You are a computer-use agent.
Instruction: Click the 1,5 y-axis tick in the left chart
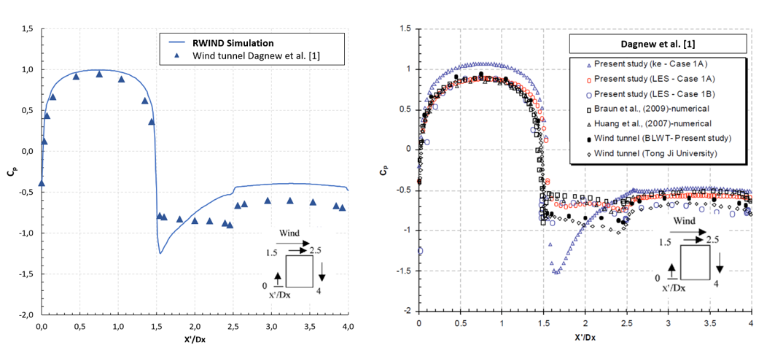(27, 29)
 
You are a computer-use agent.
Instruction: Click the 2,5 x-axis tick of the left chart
(233, 327)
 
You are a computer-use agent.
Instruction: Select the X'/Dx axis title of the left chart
(195, 339)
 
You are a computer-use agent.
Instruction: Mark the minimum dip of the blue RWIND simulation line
(160, 253)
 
